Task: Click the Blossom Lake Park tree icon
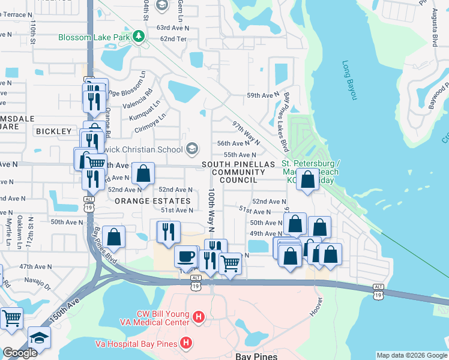140,37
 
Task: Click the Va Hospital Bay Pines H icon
187,343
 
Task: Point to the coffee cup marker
185,256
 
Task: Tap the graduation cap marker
40,337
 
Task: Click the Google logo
20,353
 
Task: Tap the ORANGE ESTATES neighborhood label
152,201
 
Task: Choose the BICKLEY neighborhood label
53,131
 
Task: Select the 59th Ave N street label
264,95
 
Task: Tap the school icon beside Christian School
192,148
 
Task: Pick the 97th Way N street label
246,132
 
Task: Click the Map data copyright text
412,355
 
